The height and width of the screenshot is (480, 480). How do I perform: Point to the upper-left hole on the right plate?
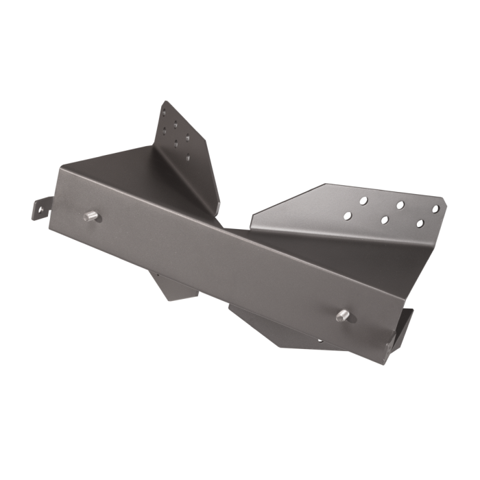tap(364, 200)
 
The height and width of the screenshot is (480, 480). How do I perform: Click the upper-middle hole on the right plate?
tap(398, 204)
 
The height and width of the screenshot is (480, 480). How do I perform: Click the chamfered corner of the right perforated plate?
tap(444, 197)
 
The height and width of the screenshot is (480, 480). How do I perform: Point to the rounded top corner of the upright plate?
tap(165, 103)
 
